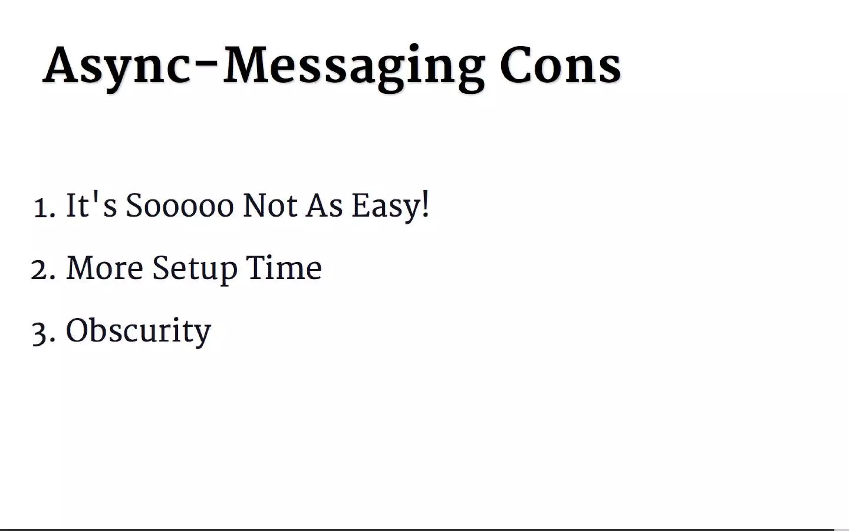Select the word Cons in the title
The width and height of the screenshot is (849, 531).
[x=560, y=66]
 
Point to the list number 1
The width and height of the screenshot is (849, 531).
[x=41, y=207]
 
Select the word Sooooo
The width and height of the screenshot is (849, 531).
[x=180, y=206]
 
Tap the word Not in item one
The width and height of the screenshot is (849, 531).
[x=270, y=206]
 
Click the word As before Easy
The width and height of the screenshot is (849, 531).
[x=324, y=206]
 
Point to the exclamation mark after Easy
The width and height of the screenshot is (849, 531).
[x=426, y=204]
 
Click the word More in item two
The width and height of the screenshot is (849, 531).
[x=104, y=268]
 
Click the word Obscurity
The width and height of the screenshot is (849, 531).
[x=138, y=331]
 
